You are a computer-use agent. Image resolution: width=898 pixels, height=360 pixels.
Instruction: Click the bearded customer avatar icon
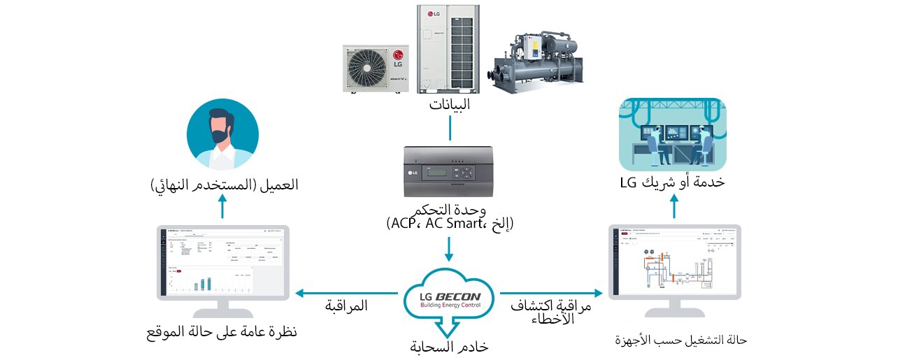click(x=222, y=134)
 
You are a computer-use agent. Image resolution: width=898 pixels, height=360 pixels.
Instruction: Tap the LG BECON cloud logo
click(x=450, y=296)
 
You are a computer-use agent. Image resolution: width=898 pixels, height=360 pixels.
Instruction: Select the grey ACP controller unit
click(x=449, y=171)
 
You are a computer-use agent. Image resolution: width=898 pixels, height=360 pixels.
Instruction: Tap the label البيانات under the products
click(x=449, y=106)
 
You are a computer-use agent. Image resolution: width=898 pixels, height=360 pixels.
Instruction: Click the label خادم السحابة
click(x=449, y=347)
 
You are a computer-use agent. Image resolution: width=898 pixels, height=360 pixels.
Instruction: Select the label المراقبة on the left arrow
click(x=346, y=305)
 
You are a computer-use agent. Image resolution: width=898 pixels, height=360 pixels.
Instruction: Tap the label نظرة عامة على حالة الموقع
click(x=222, y=331)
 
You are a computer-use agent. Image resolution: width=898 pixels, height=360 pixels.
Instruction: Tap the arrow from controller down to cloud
click(x=449, y=249)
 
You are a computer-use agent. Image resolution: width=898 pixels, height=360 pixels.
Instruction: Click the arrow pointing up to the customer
click(x=222, y=206)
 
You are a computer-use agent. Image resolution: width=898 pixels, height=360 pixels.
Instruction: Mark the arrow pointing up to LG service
click(x=675, y=206)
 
